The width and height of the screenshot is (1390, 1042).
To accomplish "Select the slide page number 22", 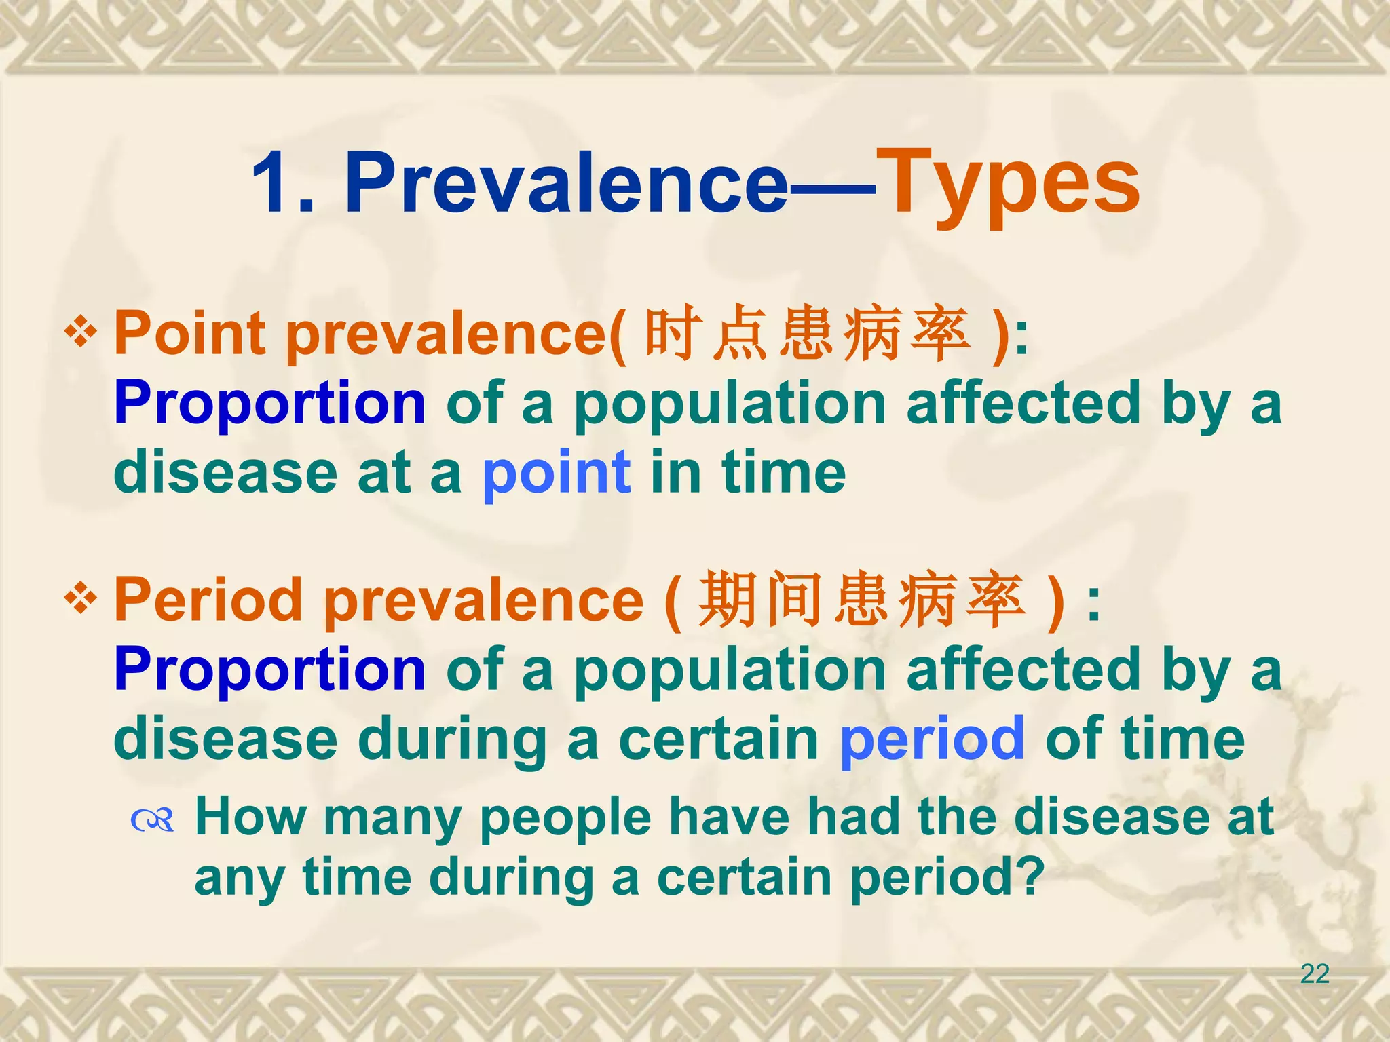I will point(1314,974).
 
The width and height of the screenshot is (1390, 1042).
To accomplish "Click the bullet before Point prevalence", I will point(81,333).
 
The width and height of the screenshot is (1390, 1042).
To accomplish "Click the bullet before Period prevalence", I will point(81,599).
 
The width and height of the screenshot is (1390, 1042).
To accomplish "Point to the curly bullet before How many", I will point(153,822).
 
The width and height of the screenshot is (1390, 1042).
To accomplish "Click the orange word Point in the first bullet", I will point(189,333).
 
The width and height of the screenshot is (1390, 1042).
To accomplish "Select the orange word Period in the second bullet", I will point(208,599).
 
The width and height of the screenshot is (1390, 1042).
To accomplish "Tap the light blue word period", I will point(932,739).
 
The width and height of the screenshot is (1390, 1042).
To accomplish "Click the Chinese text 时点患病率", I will point(807,333).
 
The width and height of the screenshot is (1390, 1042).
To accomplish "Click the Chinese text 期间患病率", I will point(862,599).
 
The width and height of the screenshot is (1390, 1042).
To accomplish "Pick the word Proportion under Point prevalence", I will point(269,404).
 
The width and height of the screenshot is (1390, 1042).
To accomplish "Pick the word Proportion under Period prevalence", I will point(269,670).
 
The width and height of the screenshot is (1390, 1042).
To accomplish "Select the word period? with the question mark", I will point(947,879).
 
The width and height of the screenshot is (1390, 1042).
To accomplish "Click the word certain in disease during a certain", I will point(718,739).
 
